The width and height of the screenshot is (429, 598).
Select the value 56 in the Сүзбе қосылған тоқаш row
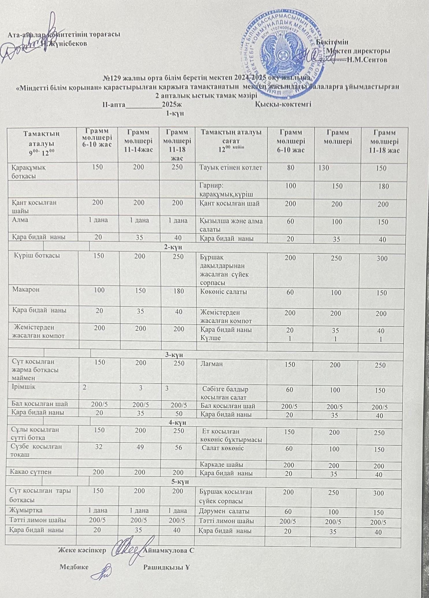click(x=178, y=447)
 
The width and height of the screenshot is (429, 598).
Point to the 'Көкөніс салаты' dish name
click(x=224, y=292)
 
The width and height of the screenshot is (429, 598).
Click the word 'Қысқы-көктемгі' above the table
click(x=283, y=104)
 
